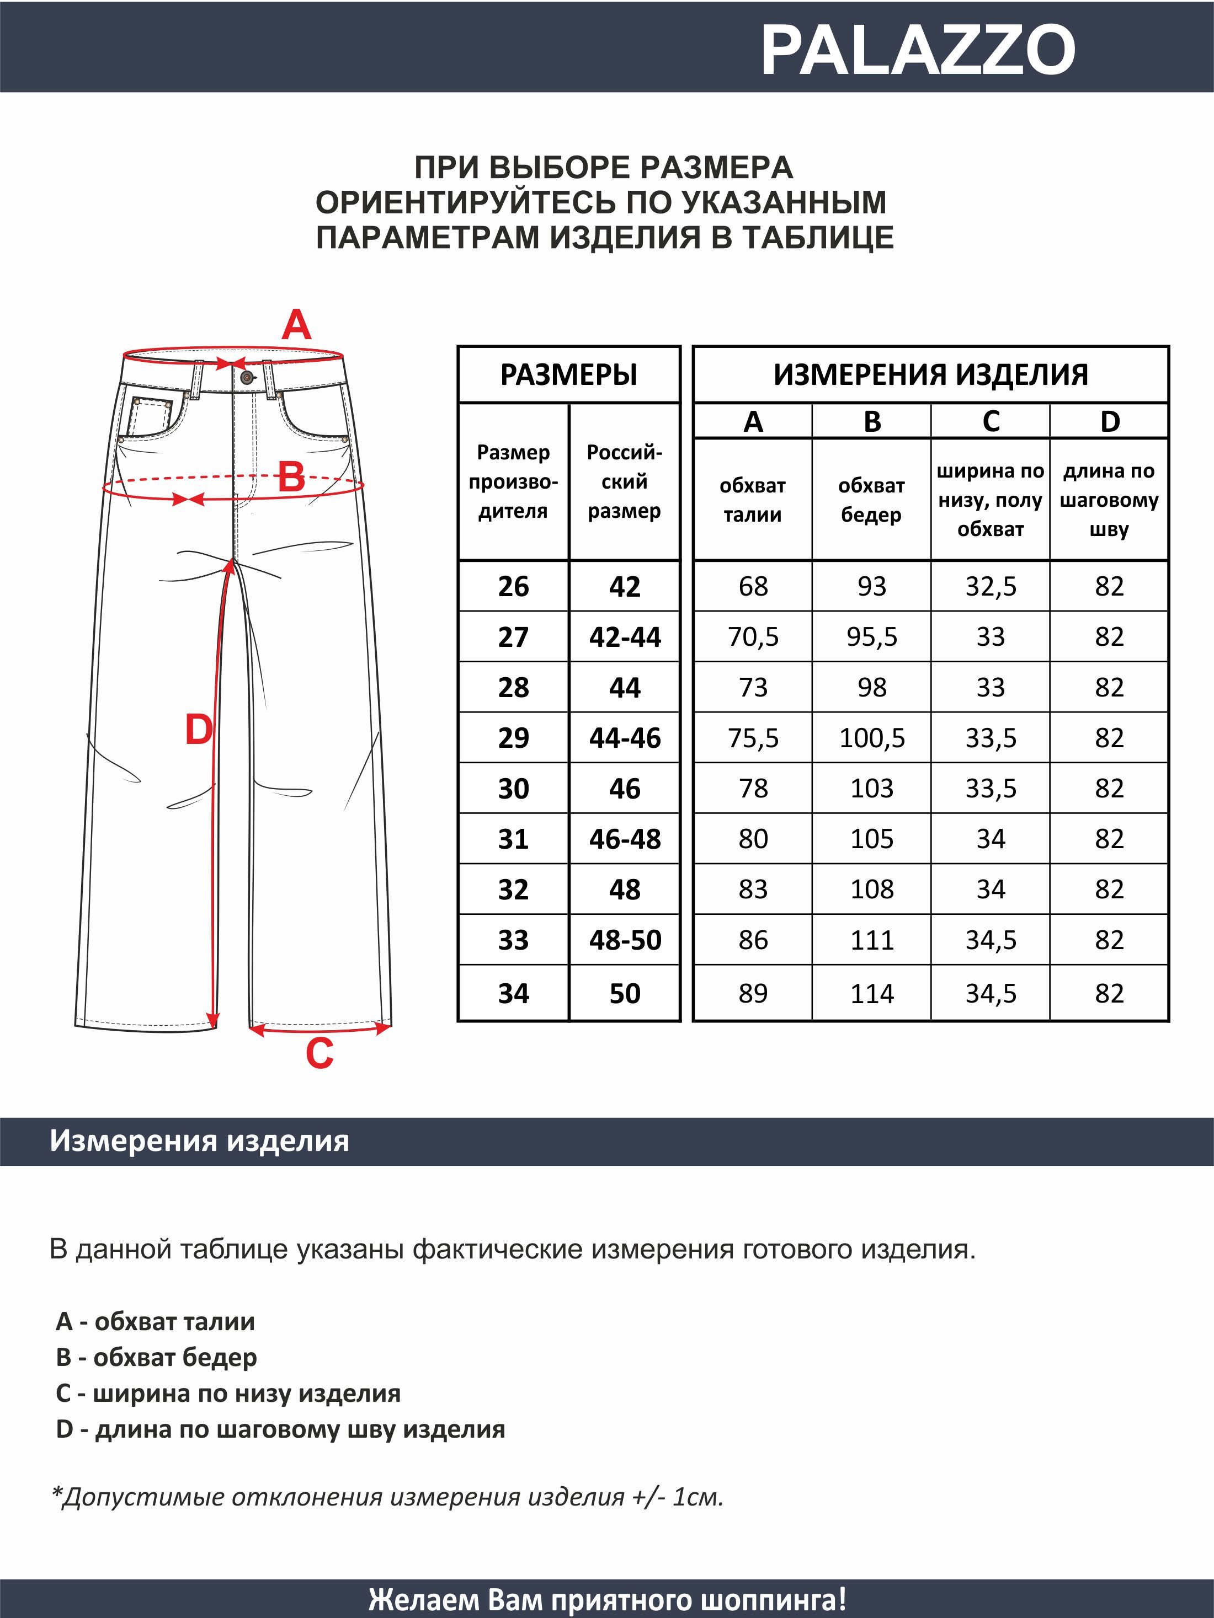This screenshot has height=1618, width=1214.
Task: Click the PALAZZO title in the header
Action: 918,50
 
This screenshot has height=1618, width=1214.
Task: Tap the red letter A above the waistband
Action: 296,325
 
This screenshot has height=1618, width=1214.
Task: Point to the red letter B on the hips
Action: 291,478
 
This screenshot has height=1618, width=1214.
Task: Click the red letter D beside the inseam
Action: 198,730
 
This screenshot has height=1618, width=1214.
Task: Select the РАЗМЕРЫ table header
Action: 568,374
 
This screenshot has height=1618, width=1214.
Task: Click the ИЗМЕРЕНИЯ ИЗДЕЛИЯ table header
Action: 930,374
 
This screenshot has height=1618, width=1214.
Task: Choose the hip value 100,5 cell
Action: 871,737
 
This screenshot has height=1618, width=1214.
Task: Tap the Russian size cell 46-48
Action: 624,838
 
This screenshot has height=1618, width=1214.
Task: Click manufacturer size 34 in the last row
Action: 513,993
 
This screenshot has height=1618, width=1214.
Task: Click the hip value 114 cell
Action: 871,993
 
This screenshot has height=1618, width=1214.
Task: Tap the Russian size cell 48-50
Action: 624,939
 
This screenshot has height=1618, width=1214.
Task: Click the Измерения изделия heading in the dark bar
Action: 199,1140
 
